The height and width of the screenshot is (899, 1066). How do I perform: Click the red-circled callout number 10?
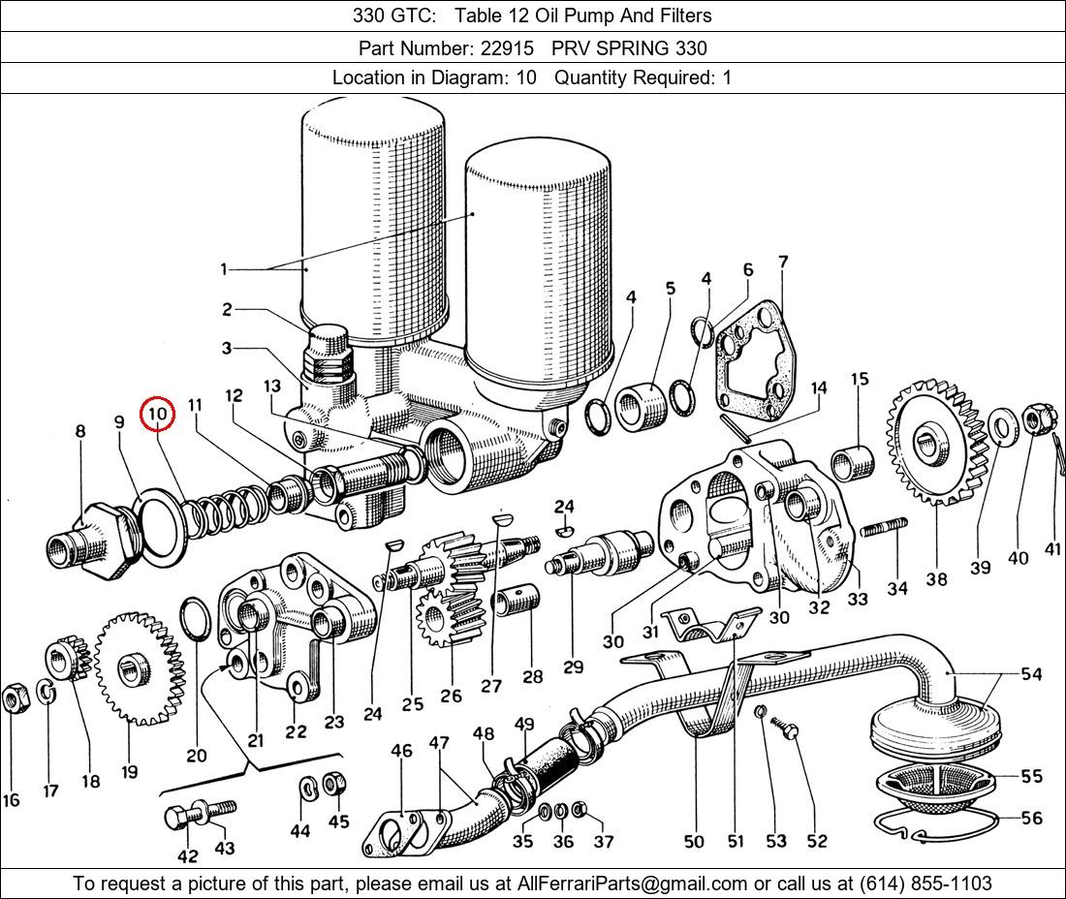pos(158,415)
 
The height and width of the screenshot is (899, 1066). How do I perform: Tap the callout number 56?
pos(1031,819)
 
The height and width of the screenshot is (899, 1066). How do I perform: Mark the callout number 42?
pos(187,855)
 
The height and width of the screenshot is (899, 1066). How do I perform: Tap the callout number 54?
pos(1031,673)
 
